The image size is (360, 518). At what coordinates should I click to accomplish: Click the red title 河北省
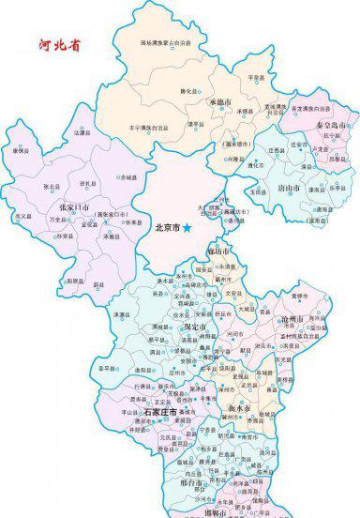pyautogui.click(x=57, y=44)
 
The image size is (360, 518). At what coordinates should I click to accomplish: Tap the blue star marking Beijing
pyautogui.click(x=187, y=228)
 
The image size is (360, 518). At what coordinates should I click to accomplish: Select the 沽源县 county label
pyautogui.click(x=82, y=133)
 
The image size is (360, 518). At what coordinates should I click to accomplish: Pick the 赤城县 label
pyautogui.click(x=127, y=175)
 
